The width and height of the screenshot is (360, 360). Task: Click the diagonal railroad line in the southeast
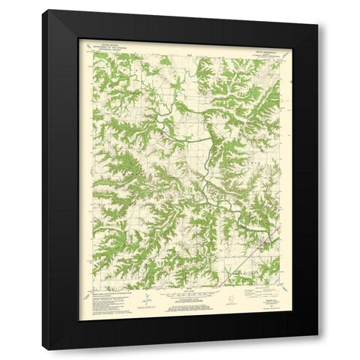[247, 259]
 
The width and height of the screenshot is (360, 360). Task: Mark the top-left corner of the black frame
[43, 10]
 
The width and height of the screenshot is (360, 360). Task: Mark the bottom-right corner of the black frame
[317, 349]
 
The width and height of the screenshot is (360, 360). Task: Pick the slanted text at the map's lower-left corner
[86, 289]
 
